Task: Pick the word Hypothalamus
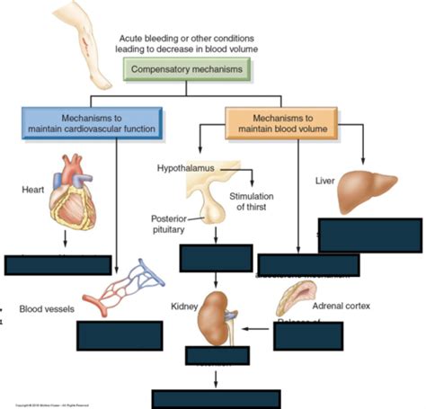pyautogui.click(x=187, y=168)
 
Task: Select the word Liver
pyautogui.click(x=325, y=180)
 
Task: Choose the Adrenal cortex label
pyautogui.click(x=342, y=306)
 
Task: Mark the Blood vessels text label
pyautogui.click(x=46, y=309)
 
